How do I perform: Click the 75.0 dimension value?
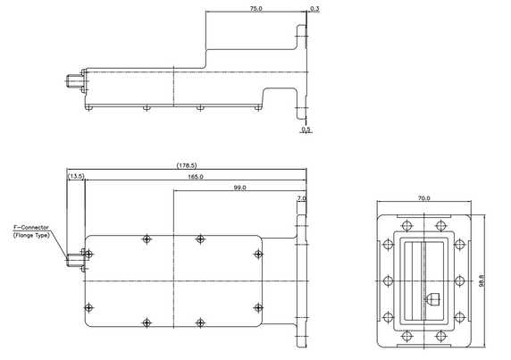click(255, 8)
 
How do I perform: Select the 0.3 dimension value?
click(314, 8)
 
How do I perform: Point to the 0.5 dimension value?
click(306, 130)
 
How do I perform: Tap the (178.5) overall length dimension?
click(187, 165)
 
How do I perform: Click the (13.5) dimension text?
click(76, 176)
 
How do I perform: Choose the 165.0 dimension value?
click(196, 177)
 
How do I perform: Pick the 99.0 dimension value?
click(239, 188)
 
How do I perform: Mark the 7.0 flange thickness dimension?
click(301, 198)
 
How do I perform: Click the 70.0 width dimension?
click(423, 198)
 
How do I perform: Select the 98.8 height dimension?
click(482, 280)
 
